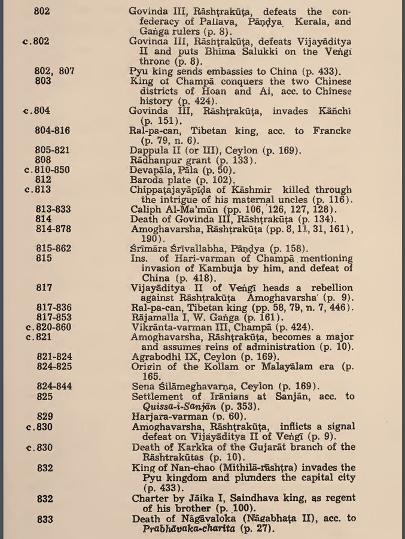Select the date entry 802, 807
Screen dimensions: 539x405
tap(54, 70)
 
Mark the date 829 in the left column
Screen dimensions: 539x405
tap(44, 415)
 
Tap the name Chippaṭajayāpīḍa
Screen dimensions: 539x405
tap(170, 189)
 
